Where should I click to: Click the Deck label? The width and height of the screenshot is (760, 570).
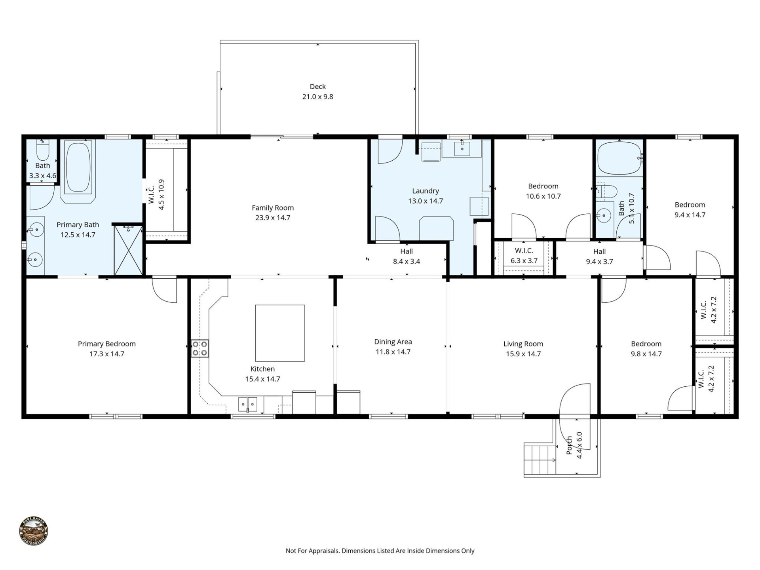tap(317, 87)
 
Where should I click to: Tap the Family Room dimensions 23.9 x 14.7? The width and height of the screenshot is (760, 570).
tap(273, 218)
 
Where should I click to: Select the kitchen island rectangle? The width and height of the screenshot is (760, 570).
tap(280, 333)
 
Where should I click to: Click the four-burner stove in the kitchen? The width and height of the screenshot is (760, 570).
tap(200, 348)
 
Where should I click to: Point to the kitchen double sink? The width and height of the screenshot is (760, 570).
tap(247, 404)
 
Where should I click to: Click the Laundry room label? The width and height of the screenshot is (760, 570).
tap(426, 191)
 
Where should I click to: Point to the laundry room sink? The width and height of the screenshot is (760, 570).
tap(462, 149)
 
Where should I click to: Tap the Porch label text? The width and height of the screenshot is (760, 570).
tap(569, 445)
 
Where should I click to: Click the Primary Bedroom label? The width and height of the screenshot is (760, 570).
tap(106, 344)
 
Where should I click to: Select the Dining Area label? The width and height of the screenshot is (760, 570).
tap(393, 342)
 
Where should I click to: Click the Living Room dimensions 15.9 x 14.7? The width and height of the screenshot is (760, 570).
tap(523, 354)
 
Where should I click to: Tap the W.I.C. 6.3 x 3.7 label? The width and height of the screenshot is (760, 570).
tap(524, 256)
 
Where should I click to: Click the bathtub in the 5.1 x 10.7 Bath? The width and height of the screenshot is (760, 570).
tap(619, 158)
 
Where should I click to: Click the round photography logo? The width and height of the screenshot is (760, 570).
tap(34, 532)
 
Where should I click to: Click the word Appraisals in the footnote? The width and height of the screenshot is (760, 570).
tap(323, 551)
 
